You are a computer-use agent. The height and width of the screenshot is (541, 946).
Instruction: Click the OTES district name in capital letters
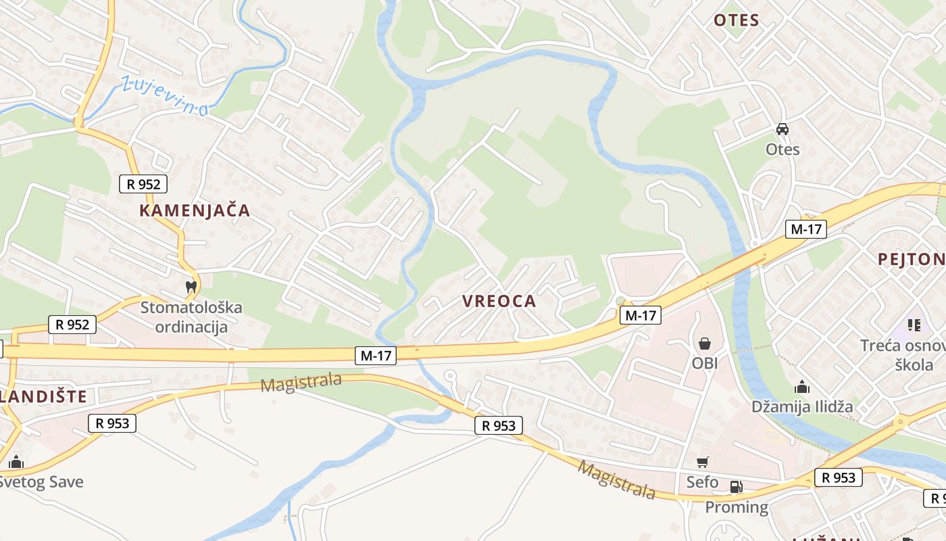pos(737,20)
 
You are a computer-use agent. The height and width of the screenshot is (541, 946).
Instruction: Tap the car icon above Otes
pos(782,129)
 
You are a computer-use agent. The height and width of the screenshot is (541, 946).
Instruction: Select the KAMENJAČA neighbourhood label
pos(195,210)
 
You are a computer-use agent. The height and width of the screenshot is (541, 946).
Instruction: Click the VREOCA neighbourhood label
pos(499,302)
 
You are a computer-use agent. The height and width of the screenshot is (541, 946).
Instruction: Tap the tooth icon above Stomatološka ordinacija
pos(191,287)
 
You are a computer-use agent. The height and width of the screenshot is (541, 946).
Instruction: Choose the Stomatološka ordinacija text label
pos(191,317)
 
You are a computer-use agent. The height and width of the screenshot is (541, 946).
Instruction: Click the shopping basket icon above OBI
pos(705,344)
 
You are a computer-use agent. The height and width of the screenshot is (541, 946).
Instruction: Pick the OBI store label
pos(705,363)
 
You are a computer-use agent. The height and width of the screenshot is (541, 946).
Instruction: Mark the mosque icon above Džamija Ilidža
pos(802,387)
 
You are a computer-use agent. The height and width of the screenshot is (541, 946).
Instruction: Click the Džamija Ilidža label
pos(802,406)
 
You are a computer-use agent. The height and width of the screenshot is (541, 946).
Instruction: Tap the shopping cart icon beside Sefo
pos(703,463)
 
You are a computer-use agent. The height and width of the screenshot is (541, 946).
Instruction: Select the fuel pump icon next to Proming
pos(736,487)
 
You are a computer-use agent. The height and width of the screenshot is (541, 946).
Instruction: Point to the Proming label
pos(737,507)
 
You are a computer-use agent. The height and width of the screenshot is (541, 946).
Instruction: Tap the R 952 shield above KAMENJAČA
pos(143,183)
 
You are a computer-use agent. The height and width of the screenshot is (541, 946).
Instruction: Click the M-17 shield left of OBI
pos(640,314)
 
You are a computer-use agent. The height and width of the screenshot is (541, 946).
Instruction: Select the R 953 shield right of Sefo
pos(839,477)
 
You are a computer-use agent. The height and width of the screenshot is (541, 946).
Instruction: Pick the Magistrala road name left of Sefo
pos(616,480)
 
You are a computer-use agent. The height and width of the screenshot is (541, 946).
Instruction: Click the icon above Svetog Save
pos(16,463)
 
